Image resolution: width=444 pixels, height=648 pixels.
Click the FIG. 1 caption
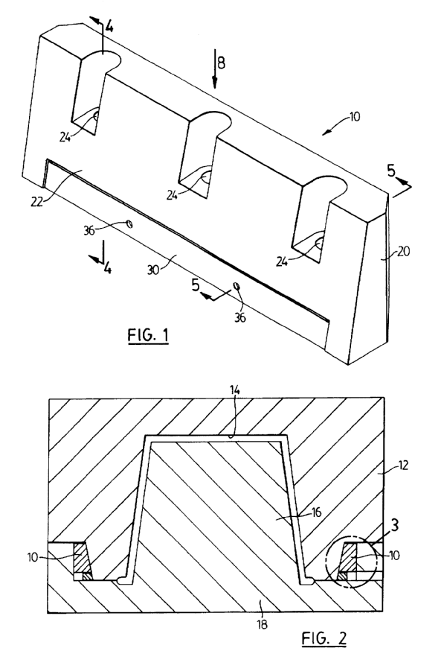(x=148, y=334)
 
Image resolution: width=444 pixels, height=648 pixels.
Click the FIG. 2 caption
(x=324, y=638)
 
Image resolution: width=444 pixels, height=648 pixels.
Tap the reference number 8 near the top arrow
(x=221, y=63)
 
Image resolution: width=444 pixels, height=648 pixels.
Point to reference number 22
(x=36, y=202)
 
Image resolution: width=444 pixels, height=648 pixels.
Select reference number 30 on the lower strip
(x=153, y=270)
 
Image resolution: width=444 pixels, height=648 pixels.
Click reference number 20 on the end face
(x=403, y=251)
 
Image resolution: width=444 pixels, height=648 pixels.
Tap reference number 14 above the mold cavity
(x=235, y=390)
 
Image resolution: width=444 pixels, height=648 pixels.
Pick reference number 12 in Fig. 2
(x=403, y=465)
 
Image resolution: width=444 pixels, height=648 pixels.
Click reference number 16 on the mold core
(x=317, y=512)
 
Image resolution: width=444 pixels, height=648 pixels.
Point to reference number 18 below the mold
(x=262, y=624)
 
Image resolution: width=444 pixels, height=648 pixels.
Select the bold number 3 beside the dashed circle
(x=395, y=525)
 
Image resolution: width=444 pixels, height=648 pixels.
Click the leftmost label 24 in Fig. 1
(x=65, y=137)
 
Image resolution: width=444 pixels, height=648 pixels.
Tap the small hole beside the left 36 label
(x=129, y=223)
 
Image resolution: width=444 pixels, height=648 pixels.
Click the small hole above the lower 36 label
(x=237, y=285)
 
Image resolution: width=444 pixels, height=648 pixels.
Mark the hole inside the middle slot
(x=206, y=177)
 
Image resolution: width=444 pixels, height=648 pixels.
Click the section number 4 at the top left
(x=109, y=27)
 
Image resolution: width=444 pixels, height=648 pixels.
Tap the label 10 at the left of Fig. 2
(x=33, y=557)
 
